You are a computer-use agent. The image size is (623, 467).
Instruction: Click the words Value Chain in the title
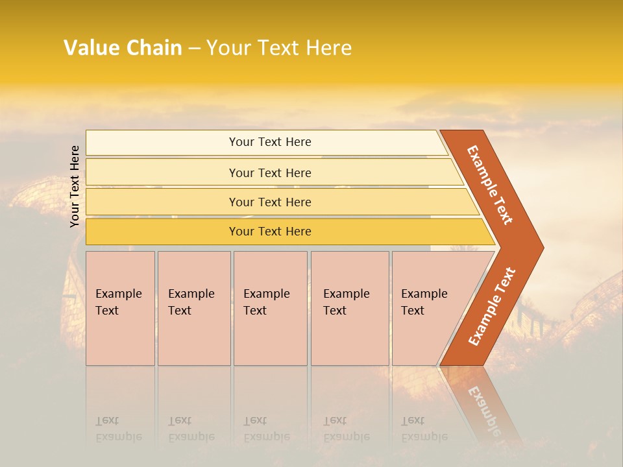coord(123,48)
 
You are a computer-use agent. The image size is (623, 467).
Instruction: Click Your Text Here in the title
coord(279,48)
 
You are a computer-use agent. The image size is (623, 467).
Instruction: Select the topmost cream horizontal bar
coord(270,142)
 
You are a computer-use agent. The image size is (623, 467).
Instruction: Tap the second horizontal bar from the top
coord(270,173)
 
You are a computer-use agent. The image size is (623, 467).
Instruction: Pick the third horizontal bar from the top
coord(270,202)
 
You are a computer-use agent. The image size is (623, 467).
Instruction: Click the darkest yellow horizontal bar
coord(270,232)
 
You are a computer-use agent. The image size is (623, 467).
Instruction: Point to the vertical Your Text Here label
coord(75,186)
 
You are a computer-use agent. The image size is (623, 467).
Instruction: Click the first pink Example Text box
coord(120,308)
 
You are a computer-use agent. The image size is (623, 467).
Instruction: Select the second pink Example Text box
coord(194,308)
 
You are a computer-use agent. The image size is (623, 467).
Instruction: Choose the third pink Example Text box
coord(270,308)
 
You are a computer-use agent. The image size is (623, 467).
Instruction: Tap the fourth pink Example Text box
coord(350,308)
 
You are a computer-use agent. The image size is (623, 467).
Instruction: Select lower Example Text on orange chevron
coord(492,306)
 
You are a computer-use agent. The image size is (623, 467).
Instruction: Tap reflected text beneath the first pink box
coord(117,429)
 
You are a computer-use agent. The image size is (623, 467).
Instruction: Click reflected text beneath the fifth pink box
coord(423,429)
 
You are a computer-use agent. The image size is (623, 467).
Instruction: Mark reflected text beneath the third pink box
coord(265,429)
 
